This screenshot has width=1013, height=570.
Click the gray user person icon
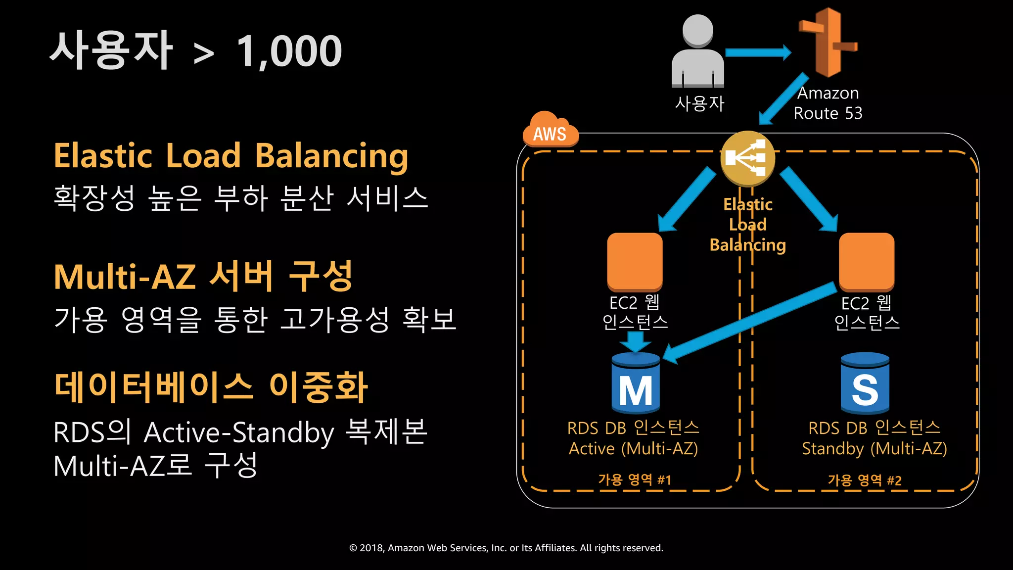pyautogui.click(x=697, y=52)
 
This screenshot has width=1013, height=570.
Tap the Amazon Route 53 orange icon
pyautogui.click(x=828, y=43)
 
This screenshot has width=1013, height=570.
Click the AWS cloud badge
pyautogui.click(x=550, y=130)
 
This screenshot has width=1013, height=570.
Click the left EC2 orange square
pyautogui.click(x=635, y=261)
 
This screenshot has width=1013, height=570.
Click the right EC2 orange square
pyautogui.click(x=866, y=261)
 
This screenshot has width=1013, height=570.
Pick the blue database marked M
pyautogui.click(x=636, y=383)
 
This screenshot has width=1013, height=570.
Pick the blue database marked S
pyautogui.click(x=865, y=383)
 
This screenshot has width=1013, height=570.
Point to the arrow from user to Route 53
pyautogui.click(x=757, y=52)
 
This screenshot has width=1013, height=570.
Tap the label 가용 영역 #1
pyautogui.click(x=635, y=479)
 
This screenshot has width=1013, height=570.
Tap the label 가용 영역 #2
pyautogui.click(x=865, y=480)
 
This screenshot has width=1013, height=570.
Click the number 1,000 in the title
pyautogui.click(x=289, y=51)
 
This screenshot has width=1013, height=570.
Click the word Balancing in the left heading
pyautogui.click(x=331, y=156)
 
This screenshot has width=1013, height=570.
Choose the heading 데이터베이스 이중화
pyautogui.click(x=211, y=387)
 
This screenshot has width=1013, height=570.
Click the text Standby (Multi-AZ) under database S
pyautogui.click(x=874, y=449)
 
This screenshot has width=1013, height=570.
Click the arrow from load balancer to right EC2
pyautogui.click(x=809, y=199)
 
